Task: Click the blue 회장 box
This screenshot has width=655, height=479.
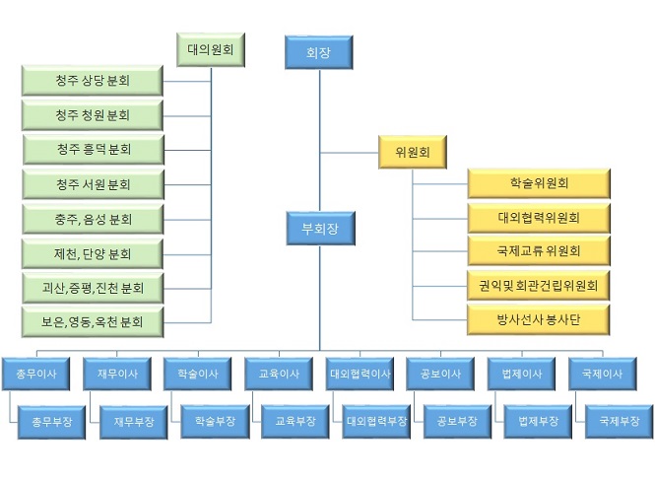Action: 318,52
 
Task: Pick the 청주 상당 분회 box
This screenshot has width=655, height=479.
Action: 92,81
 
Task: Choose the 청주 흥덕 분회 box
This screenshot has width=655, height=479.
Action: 93,150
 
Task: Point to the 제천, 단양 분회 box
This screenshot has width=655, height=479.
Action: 93,253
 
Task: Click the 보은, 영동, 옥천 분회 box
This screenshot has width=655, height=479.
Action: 93,322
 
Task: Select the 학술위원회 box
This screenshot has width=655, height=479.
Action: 539,183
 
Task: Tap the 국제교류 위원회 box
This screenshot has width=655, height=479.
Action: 539,251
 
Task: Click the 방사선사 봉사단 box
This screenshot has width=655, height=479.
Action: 539,319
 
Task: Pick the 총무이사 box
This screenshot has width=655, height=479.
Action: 34,375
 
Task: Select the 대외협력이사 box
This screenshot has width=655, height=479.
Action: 360,375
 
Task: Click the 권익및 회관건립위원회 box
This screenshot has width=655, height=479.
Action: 539,286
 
